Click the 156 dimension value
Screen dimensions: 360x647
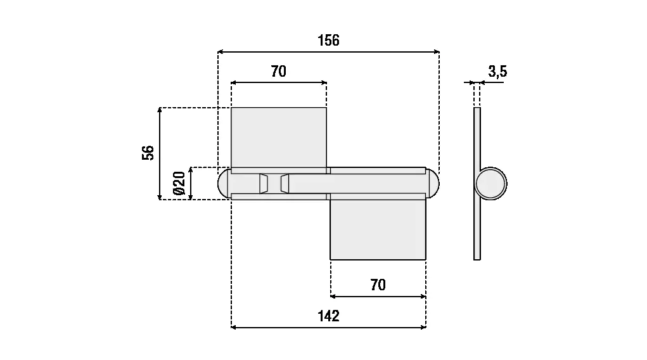pyautogui.click(x=328, y=41)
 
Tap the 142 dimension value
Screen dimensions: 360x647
pyautogui.click(x=328, y=316)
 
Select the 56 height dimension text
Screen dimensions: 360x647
pyautogui.click(x=148, y=153)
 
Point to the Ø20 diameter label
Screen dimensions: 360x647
pyautogui.click(x=179, y=183)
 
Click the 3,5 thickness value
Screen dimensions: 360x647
pyautogui.click(x=497, y=72)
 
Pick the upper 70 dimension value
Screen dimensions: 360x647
pyautogui.click(x=278, y=72)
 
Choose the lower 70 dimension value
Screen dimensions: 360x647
pyautogui.click(x=378, y=285)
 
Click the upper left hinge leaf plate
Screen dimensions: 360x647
pyautogui.click(x=278, y=137)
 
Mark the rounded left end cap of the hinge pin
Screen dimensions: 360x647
pyautogui.click(x=223, y=184)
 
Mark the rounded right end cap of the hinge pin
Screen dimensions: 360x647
pyautogui.click(x=433, y=184)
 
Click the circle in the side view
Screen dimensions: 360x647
pyautogui.click(x=490, y=184)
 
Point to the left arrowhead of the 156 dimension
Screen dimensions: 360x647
pyautogui.click(x=221, y=51)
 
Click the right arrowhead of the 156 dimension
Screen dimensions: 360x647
pyautogui.click(x=436, y=51)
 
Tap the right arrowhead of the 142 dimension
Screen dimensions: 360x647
pyautogui.click(x=423, y=327)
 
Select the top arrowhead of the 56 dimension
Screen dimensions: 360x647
pyautogui.click(x=160, y=111)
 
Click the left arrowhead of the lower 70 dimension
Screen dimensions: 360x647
pyautogui.click(x=334, y=296)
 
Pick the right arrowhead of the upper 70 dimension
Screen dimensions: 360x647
pyautogui.click(x=323, y=82)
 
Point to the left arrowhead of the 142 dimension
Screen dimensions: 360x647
pyautogui.click(x=234, y=327)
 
